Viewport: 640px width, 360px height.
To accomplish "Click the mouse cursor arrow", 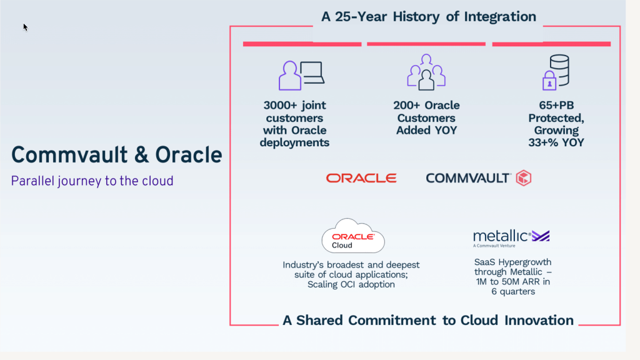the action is (x=25, y=27).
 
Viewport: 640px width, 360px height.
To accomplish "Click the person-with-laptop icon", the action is (x=301, y=76).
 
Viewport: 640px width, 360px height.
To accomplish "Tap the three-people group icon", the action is (x=426, y=72).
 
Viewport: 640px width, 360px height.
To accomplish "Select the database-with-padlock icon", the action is (x=556, y=72).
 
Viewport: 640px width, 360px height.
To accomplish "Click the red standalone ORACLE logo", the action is (x=361, y=178).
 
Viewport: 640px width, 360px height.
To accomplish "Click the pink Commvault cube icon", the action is (x=524, y=178).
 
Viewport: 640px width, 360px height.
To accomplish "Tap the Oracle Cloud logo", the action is (x=353, y=236).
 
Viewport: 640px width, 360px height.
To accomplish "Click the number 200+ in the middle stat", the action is (x=406, y=105).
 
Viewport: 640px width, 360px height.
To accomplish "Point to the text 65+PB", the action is (x=556, y=105).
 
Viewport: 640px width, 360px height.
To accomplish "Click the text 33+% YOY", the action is (x=556, y=142).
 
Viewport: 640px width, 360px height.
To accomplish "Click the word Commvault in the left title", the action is (x=69, y=156).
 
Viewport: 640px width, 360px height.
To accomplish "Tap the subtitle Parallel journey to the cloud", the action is (x=92, y=181).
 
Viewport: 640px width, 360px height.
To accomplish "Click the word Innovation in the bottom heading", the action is (x=539, y=321).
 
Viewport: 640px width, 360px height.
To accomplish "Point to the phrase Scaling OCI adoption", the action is (x=351, y=284).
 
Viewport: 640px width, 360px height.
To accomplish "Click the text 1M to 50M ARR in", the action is (x=513, y=282).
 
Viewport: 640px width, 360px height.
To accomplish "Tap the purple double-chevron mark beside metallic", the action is (x=541, y=236).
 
